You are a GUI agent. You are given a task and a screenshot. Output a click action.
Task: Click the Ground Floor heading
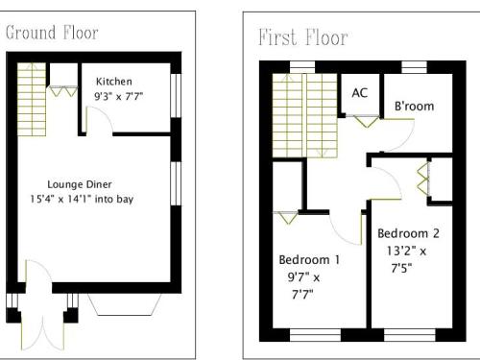coord(52,33)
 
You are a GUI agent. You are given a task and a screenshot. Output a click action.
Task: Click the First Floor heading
coord(303,37)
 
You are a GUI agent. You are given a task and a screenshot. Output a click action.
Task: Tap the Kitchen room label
coord(114,82)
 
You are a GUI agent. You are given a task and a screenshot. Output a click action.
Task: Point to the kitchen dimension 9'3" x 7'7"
coord(118,96)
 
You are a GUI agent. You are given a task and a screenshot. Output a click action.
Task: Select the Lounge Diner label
coord(80,184)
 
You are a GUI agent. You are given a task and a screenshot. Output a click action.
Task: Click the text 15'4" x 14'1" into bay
coord(82,199)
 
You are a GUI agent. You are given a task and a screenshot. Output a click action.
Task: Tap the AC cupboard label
coord(360,93)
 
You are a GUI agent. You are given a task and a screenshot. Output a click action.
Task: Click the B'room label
coord(414,106)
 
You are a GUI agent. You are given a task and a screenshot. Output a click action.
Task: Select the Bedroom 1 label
coord(309,259)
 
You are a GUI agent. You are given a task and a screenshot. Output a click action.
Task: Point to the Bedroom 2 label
coord(408,233)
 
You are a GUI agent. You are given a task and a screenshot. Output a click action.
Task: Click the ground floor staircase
coord(32,99)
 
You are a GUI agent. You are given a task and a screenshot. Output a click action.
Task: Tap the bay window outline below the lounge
coord(125,304)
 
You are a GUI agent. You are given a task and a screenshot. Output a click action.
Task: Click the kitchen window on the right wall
coord(176,96)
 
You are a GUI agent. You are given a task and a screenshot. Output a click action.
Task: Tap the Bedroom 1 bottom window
coord(315,335)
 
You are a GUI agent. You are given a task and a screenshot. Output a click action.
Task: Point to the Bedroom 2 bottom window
coord(410,335)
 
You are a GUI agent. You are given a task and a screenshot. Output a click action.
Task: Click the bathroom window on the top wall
coord(414,67)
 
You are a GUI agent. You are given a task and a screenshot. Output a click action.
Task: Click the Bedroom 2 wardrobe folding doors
coord(423,180)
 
